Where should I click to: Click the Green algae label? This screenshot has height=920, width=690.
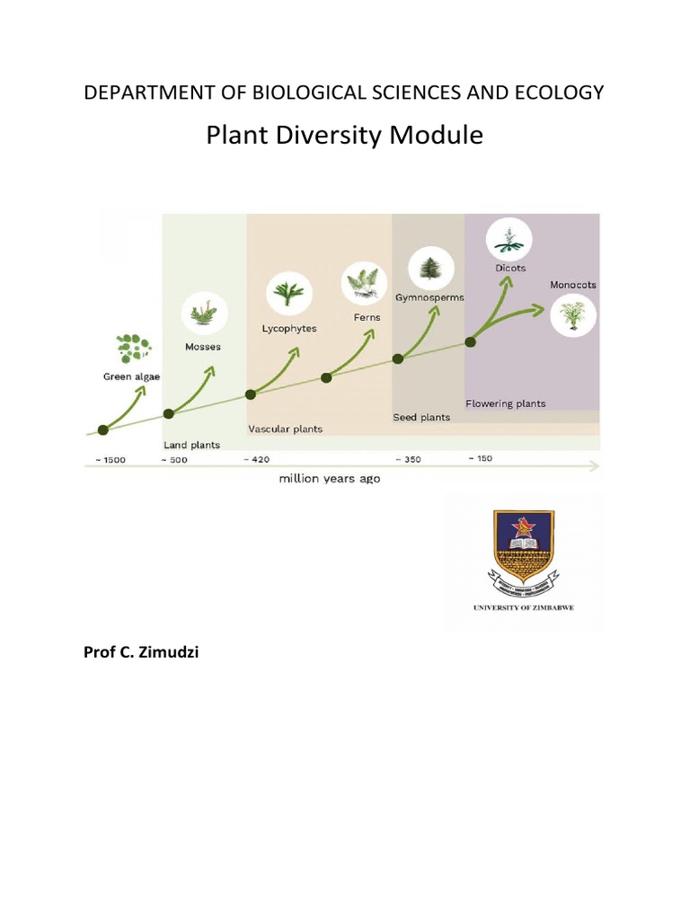(131, 377)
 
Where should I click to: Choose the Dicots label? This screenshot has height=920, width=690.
(509, 268)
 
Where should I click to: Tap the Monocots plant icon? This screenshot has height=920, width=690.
(573, 314)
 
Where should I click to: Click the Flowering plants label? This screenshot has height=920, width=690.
(505, 403)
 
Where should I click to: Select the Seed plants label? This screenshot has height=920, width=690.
(421, 418)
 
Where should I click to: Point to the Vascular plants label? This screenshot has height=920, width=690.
(285, 429)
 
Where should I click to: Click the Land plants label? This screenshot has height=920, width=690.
(191, 445)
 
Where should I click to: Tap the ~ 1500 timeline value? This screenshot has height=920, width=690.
(105, 460)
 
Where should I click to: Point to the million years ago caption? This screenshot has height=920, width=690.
(329, 479)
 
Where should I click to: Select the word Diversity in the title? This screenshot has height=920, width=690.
(320, 136)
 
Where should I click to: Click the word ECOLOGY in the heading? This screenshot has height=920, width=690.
(559, 93)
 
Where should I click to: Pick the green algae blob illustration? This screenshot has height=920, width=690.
(134, 346)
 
